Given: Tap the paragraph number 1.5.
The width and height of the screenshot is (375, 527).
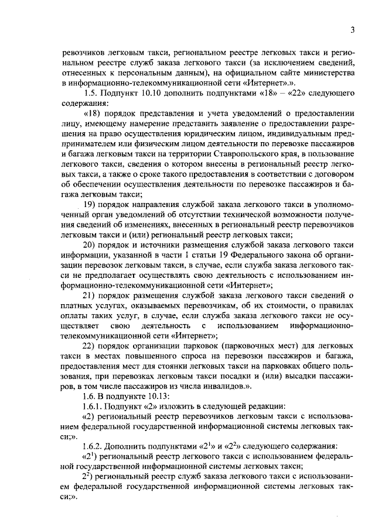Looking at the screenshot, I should pos(91,93).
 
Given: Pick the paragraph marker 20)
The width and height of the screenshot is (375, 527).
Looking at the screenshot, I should pos(90,244).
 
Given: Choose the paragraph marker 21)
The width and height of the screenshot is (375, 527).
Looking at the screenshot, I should pos(90,294).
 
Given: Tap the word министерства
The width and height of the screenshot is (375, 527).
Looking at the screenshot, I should pos(323,73).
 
